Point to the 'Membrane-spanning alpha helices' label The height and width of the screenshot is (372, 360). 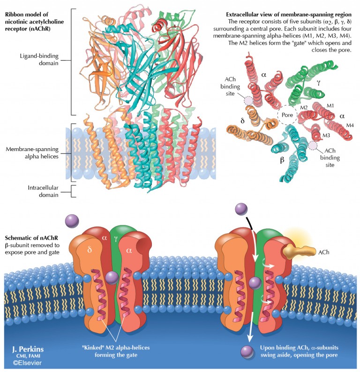(33, 153)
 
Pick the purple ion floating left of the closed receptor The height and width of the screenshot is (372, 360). (72, 220)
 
